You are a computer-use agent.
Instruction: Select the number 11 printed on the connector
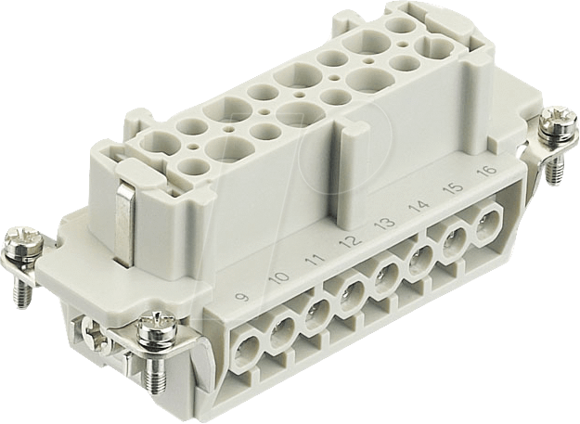(316, 259)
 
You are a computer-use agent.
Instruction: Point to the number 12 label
(352, 240)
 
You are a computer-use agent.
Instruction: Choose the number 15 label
(454, 187)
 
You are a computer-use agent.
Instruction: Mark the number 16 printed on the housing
(487, 171)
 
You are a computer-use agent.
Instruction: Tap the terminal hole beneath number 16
(487, 225)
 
